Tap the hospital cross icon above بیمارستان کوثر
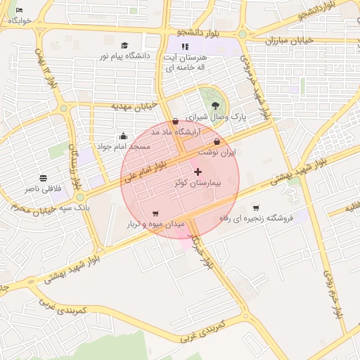pos(198,172)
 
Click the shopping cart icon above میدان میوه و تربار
pos(155,214)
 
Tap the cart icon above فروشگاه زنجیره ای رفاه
pos(256,207)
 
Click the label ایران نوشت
pos(217,152)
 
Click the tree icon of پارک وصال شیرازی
pos(215,105)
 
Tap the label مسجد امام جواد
pos(123,146)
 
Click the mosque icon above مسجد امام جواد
pos(123,136)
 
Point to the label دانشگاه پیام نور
pos(124,56)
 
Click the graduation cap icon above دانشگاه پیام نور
pos(124,46)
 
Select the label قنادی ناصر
pos(44,188)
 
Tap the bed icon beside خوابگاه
pos(19,10)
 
